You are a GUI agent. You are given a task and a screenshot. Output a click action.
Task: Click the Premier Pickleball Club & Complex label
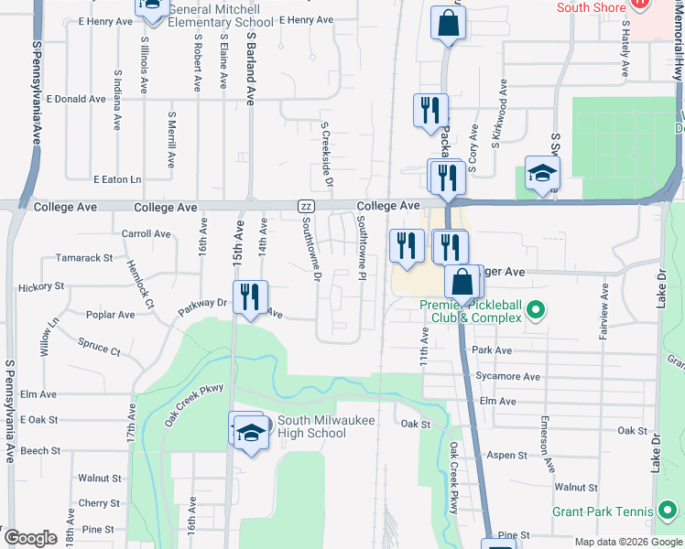click(471, 311)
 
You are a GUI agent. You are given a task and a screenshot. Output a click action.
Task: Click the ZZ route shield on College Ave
click(307, 207)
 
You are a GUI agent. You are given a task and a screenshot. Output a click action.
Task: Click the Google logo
click(29, 539)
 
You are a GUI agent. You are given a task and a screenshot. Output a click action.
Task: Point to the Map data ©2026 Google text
click(628, 542)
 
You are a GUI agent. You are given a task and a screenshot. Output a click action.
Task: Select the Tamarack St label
click(83, 258)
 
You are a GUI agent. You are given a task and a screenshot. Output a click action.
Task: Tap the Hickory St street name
click(41, 286)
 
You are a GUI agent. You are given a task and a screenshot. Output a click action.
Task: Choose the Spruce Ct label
click(100, 349)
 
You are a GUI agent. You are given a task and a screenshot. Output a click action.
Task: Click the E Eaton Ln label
click(117, 179)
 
